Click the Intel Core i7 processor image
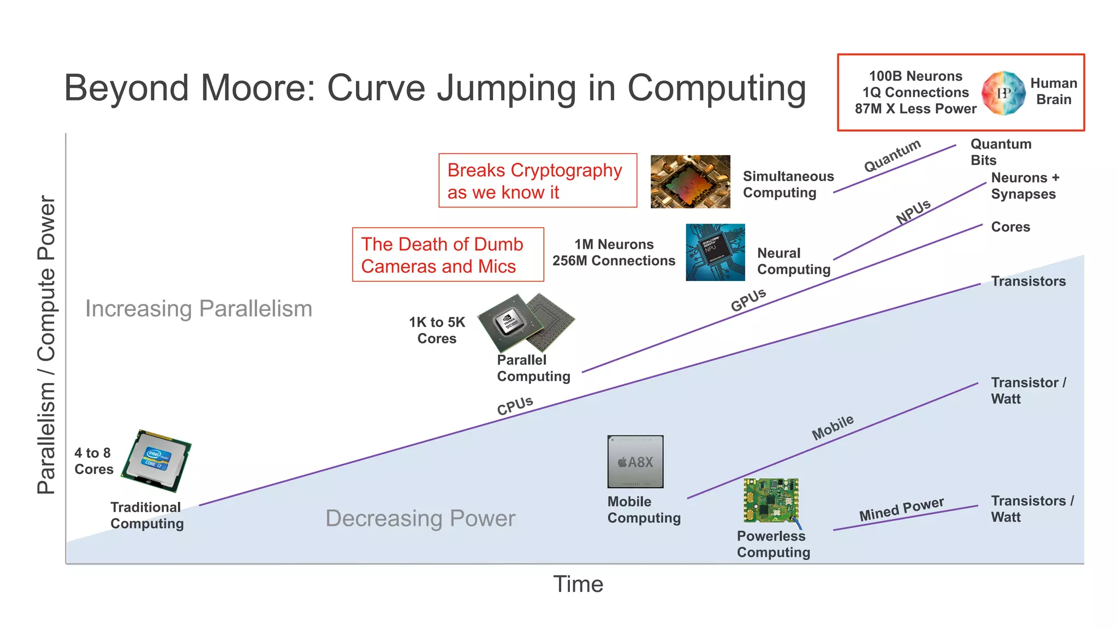coord(157,461)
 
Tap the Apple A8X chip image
coord(635,462)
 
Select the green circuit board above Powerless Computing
coord(771,500)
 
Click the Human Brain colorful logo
coord(1003,93)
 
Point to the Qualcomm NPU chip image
coord(715,252)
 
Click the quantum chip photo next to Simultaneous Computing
coord(690,181)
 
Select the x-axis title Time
coord(578,584)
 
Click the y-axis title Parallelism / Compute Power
coord(46,345)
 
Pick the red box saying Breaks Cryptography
coord(537,181)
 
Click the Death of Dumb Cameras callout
coord(448,255)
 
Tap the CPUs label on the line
coord(515,405)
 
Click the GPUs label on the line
coord(748,299)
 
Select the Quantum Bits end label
coord(1000,152)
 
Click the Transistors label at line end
coord(1028,281)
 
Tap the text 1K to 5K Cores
coord(437,330)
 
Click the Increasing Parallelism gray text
coord(199,309)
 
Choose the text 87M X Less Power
coord(915,109)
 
